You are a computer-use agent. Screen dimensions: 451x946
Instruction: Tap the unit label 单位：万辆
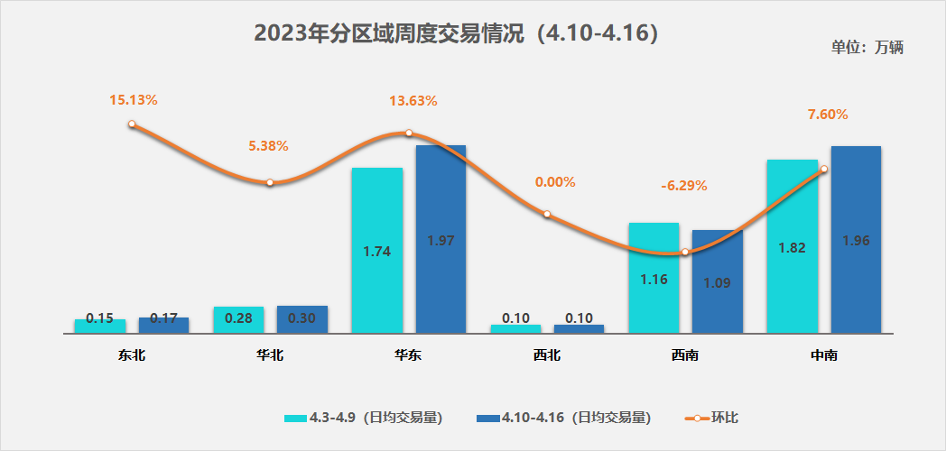pos(867,48)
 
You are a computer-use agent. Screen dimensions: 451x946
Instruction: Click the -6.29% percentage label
pos(684,186)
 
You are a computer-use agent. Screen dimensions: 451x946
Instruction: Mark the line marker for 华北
pos(270,183)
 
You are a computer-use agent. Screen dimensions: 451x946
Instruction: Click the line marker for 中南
pos(824,169)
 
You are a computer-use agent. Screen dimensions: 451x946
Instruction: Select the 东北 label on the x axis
pos(132,355)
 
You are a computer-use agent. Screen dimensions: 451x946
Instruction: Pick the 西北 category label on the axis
pos(547,355)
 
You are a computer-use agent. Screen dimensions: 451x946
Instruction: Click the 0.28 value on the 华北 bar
pos(238,318)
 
